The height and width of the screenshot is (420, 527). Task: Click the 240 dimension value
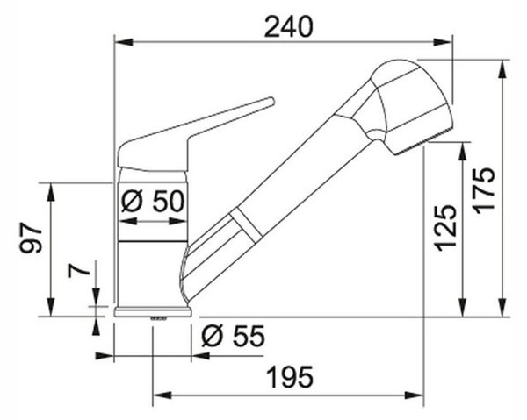tap(289, 27)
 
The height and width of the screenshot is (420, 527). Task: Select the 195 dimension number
tap(290, 377)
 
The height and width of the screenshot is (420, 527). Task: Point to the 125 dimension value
tap(446, 228)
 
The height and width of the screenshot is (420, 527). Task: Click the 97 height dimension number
tap(31, 238)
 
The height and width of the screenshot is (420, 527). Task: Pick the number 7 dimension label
tap(79, 270)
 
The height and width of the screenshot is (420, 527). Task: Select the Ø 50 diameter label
tap(153, 202)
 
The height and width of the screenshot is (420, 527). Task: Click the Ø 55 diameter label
tap(234, 336)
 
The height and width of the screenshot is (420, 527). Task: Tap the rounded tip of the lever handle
tap(271, 101)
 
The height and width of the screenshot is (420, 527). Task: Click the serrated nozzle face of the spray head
tap(422, 142)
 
